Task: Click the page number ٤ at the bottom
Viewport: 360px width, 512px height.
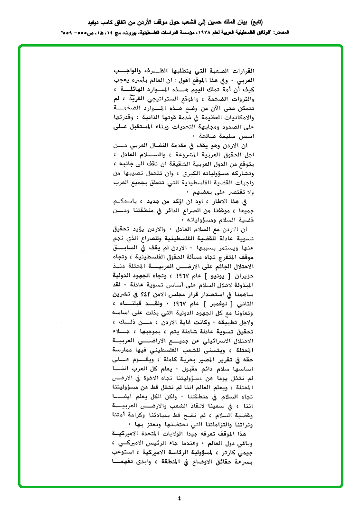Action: [x=179, y=498]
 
